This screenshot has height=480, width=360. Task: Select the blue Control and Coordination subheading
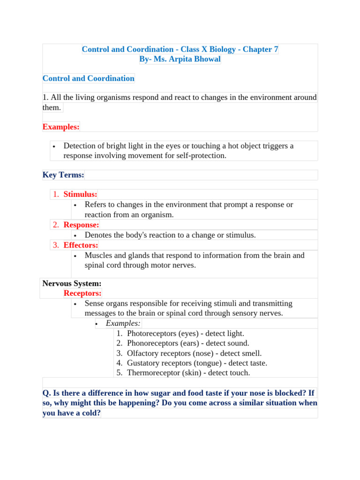(88, 78)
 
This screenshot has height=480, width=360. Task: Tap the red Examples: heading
(61, 127)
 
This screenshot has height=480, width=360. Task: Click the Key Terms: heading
(63, 175)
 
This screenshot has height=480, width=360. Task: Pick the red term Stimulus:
(80, 194)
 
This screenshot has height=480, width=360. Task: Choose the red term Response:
(81, 225)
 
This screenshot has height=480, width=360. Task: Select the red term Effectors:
(81, 245)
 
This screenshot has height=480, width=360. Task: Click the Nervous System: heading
(72, 283)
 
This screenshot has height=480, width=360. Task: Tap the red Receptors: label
(82, 293)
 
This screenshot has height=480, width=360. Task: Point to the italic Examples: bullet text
(123, 323)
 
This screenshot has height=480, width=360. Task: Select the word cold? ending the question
(90, 413)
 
